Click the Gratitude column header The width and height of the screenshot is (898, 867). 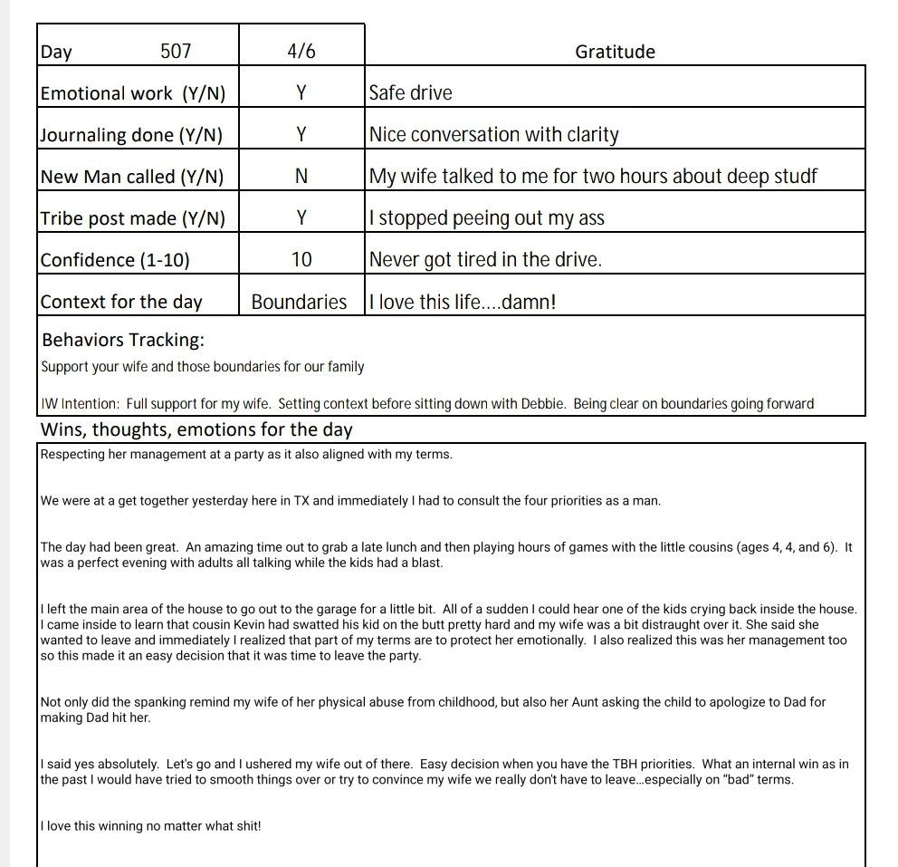click(x=615, y=52)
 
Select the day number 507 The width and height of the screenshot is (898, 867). click(x=176, y=52)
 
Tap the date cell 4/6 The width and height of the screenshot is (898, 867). click(x=301, y=52)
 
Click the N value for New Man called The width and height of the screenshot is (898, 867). click(x=301, y=177)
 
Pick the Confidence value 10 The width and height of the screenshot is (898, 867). click(x=301, y=260)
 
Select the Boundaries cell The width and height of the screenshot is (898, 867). click(x=300, y=302)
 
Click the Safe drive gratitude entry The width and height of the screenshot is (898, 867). click(x=411, y=93)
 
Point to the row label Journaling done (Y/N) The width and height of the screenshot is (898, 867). click(x=130, y=135)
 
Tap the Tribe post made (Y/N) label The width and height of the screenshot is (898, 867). click(x=132, y=218)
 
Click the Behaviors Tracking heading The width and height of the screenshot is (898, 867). click(x=123, y=341)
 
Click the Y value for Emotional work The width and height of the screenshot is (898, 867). click(x=301, y=93)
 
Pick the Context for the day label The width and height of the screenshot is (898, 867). click(x=122, y=302)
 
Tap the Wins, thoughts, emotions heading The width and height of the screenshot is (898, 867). click(x=196, y=429)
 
